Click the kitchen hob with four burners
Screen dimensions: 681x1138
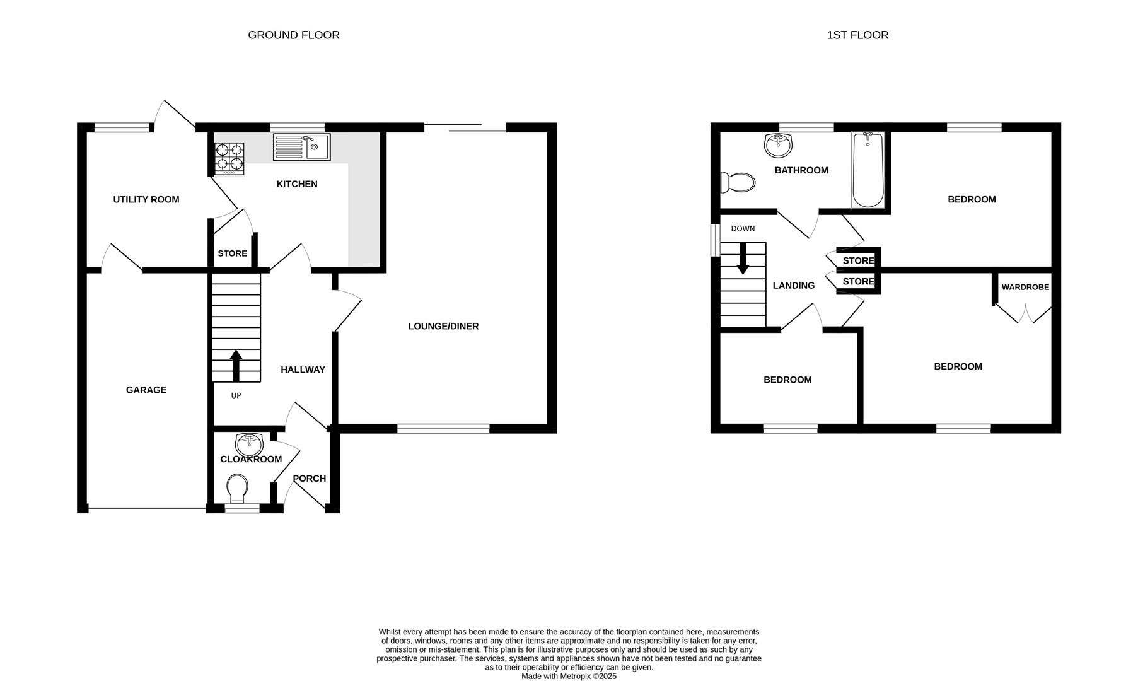coord(229,158)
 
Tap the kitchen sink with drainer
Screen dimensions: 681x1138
coord(301,147)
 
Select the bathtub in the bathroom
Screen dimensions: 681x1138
coord(868,170)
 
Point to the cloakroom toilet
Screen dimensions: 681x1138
coord(237,488)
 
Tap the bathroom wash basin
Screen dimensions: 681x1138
coord(777,145)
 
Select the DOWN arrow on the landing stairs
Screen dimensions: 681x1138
coord(743,259)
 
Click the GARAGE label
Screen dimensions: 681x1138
coord(146,390)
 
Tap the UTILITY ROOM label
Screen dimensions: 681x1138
coord(146,199)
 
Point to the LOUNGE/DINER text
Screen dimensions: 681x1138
coord(443,326)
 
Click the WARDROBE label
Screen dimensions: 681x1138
coord(1025,287)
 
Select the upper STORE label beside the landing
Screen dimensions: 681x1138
coord(858,260)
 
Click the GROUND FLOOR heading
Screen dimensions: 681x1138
coord(294,35)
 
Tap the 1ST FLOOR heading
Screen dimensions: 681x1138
coord(857,35)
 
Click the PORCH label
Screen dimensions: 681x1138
coord(310,478)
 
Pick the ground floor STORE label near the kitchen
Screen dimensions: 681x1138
coord(233,253)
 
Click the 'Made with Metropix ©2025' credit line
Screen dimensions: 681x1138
coord(569,676)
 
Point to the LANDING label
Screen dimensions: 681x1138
coord(793,285)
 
